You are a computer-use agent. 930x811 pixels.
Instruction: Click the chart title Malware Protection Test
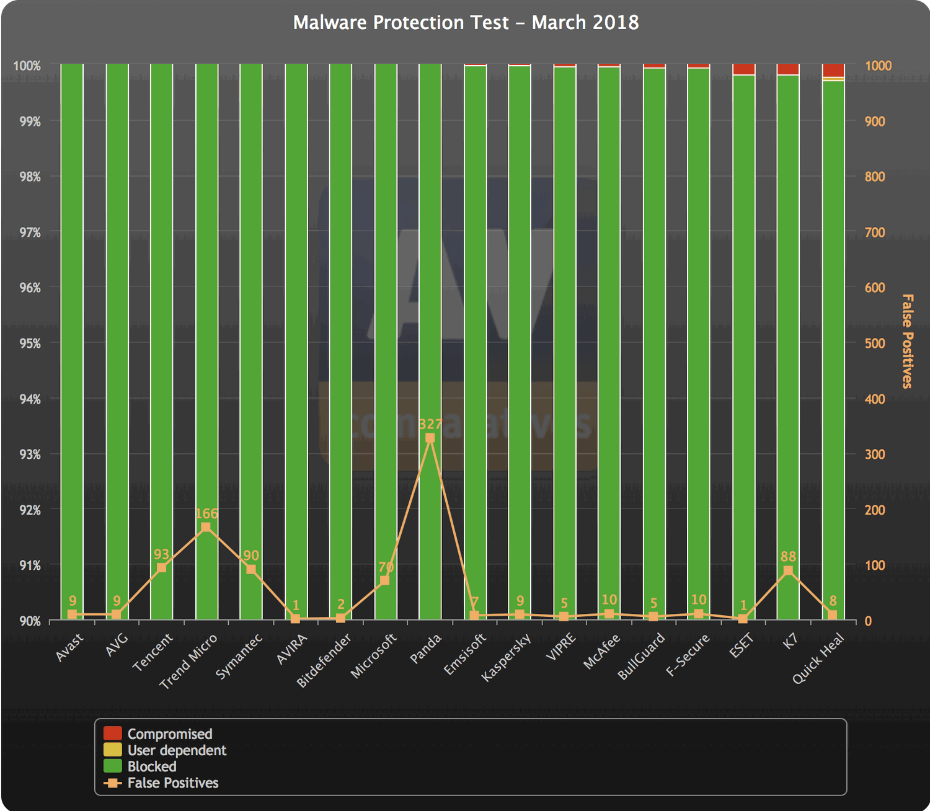tap(466, 23)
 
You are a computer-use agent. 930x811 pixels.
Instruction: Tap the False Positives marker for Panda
tap(430, 438)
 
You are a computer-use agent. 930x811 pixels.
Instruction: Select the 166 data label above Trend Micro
tap(206, 513)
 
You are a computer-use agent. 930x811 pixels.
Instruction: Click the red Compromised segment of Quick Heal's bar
tap(833, 70)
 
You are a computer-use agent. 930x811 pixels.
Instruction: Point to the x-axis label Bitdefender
tap(324, 660)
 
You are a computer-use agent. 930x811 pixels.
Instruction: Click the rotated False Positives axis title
tap(907, 342)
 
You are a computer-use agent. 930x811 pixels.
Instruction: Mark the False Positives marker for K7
tap(788, 570)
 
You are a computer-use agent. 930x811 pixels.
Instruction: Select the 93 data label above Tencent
tap(161, 554)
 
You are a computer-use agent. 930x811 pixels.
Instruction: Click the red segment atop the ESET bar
tap(743, 69)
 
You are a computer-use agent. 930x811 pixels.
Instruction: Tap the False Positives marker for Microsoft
tap(384, 580)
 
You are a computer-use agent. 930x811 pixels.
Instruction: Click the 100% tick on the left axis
tap(27, 66)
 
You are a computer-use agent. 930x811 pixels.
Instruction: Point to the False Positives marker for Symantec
tap(251, 569)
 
